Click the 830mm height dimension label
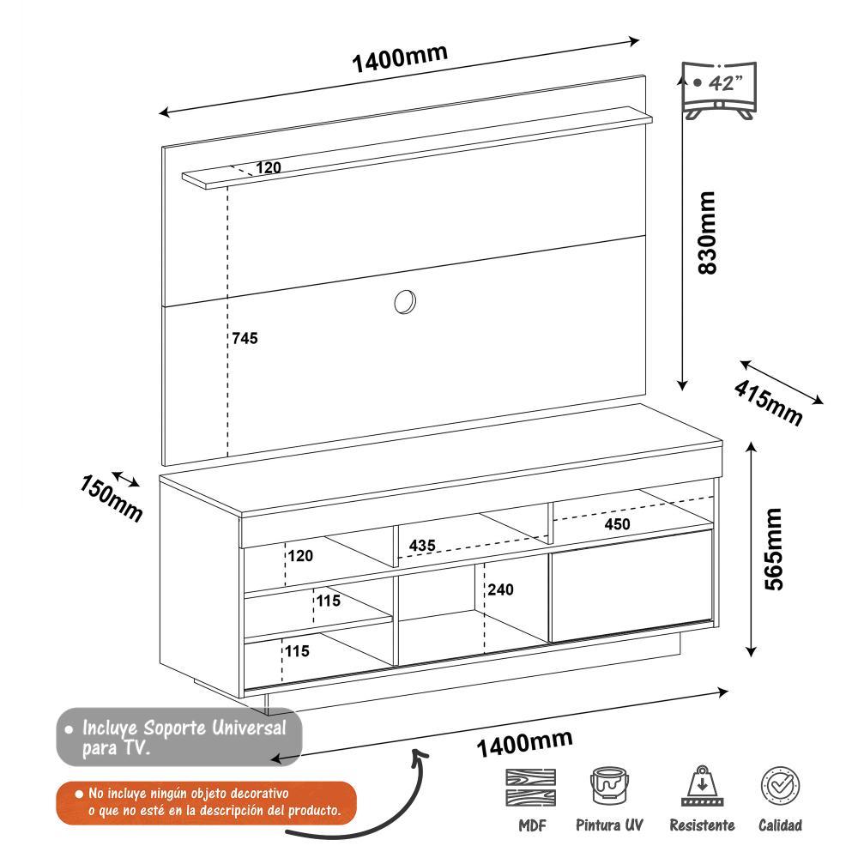(706, 233)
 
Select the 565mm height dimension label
(774, 549)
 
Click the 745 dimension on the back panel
(245, 338)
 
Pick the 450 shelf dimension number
(616, 524)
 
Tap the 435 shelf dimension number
(422, 546)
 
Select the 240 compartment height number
(501, 589)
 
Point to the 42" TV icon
(717, 89)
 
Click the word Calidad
(780, 825)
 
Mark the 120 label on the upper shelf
(269, 168)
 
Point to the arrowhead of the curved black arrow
(420, 752)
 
